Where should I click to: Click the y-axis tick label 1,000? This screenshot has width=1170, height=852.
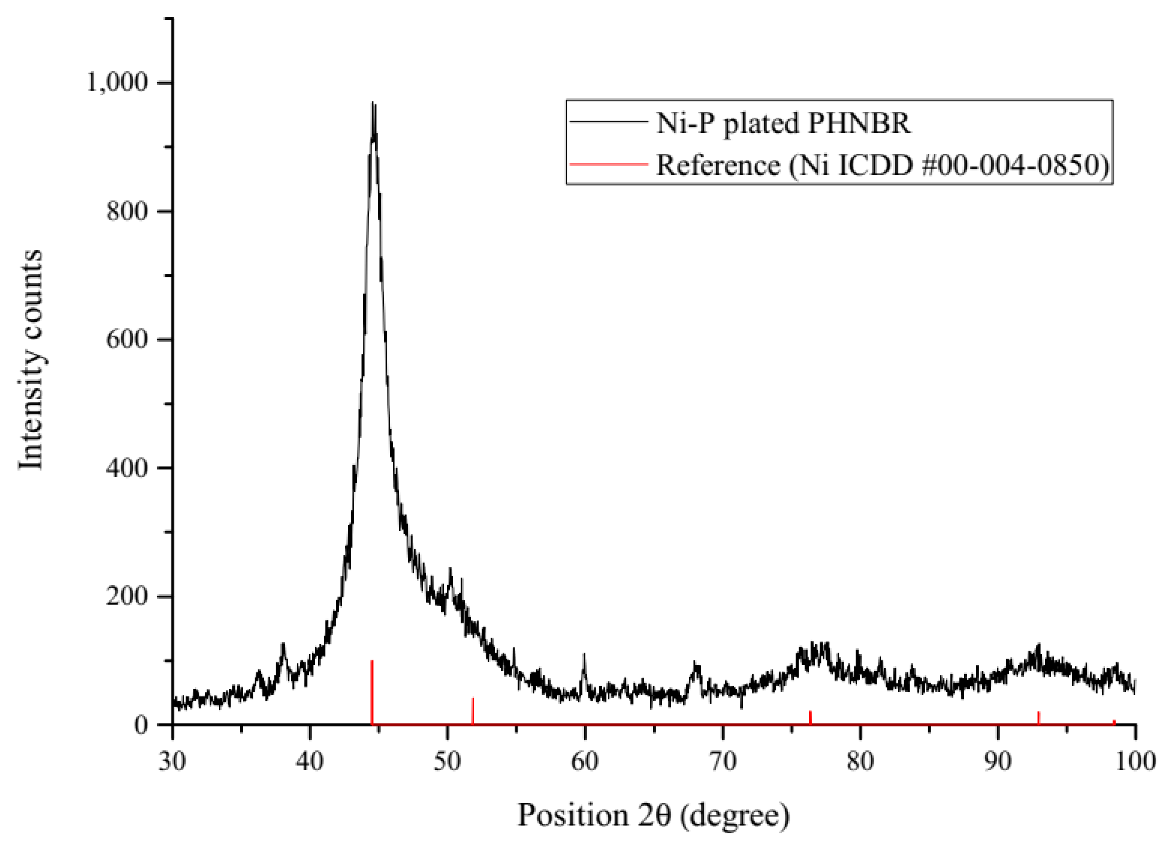[x=117, y=82]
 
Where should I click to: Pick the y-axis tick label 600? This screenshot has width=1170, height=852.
[x=127, y=339]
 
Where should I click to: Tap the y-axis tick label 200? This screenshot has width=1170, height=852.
[x=127, y=596]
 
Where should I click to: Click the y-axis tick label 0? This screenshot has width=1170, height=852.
[x=141, y=725]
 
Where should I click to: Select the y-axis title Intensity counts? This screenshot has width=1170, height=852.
[x=30, y=360]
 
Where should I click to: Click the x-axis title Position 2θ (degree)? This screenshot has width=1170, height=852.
[x=653, y=815]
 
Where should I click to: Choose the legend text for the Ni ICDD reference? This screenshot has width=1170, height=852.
[x=882, y=165]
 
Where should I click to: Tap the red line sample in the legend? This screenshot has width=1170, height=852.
[x=609, y=164]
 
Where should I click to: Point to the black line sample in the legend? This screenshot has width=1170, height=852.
[x=609, y=122]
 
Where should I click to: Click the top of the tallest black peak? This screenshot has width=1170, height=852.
[x=373, y=103]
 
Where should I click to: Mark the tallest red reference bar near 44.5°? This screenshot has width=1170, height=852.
[x=372, y=691]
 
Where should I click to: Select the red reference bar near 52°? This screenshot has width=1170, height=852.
[x=473, y=711]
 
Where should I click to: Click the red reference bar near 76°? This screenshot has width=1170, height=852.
[x=811, y=718]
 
